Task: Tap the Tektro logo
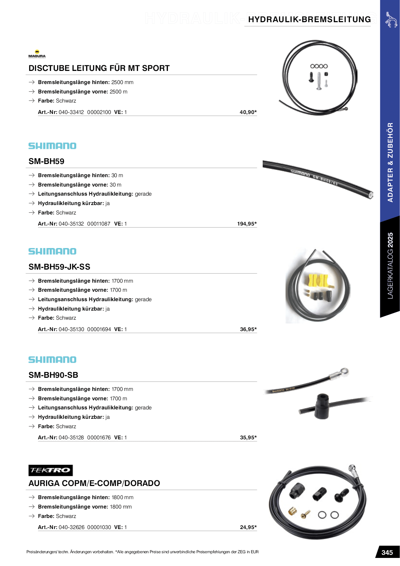pyautogui.click(x=50, y=470)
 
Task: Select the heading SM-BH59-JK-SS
pyautogui.click(x=59, y=267)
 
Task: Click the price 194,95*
pyautogui.click(x=247, y=224)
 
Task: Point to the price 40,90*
pyautogui.click(x=248, y=112)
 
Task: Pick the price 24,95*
pyautogui.click(x=248, y=527)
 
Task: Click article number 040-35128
pyautogui.click(x=71, y=438)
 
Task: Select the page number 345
pyautogui.click(x=387, y=553)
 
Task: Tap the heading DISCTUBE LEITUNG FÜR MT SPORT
pyautogui.click(x=99, y=68)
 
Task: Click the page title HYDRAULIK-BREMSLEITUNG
pyautogui.click(x=309, y=19)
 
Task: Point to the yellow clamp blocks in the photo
pyautogui.click(x=318, y=280)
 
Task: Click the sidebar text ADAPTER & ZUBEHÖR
pyautogui.click(x=390, y=162)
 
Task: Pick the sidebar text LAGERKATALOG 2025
pyautogui.click(x=390, y=266)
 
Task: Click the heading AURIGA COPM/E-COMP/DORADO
pyautogui.click(x=94, y=483)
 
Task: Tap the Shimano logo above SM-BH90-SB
pyautogui.click(x=52, y=360)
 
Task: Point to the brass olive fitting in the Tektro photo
pyautogui.click(x=293, y=511)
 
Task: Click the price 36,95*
pyautogui.click(x=248, y=329)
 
